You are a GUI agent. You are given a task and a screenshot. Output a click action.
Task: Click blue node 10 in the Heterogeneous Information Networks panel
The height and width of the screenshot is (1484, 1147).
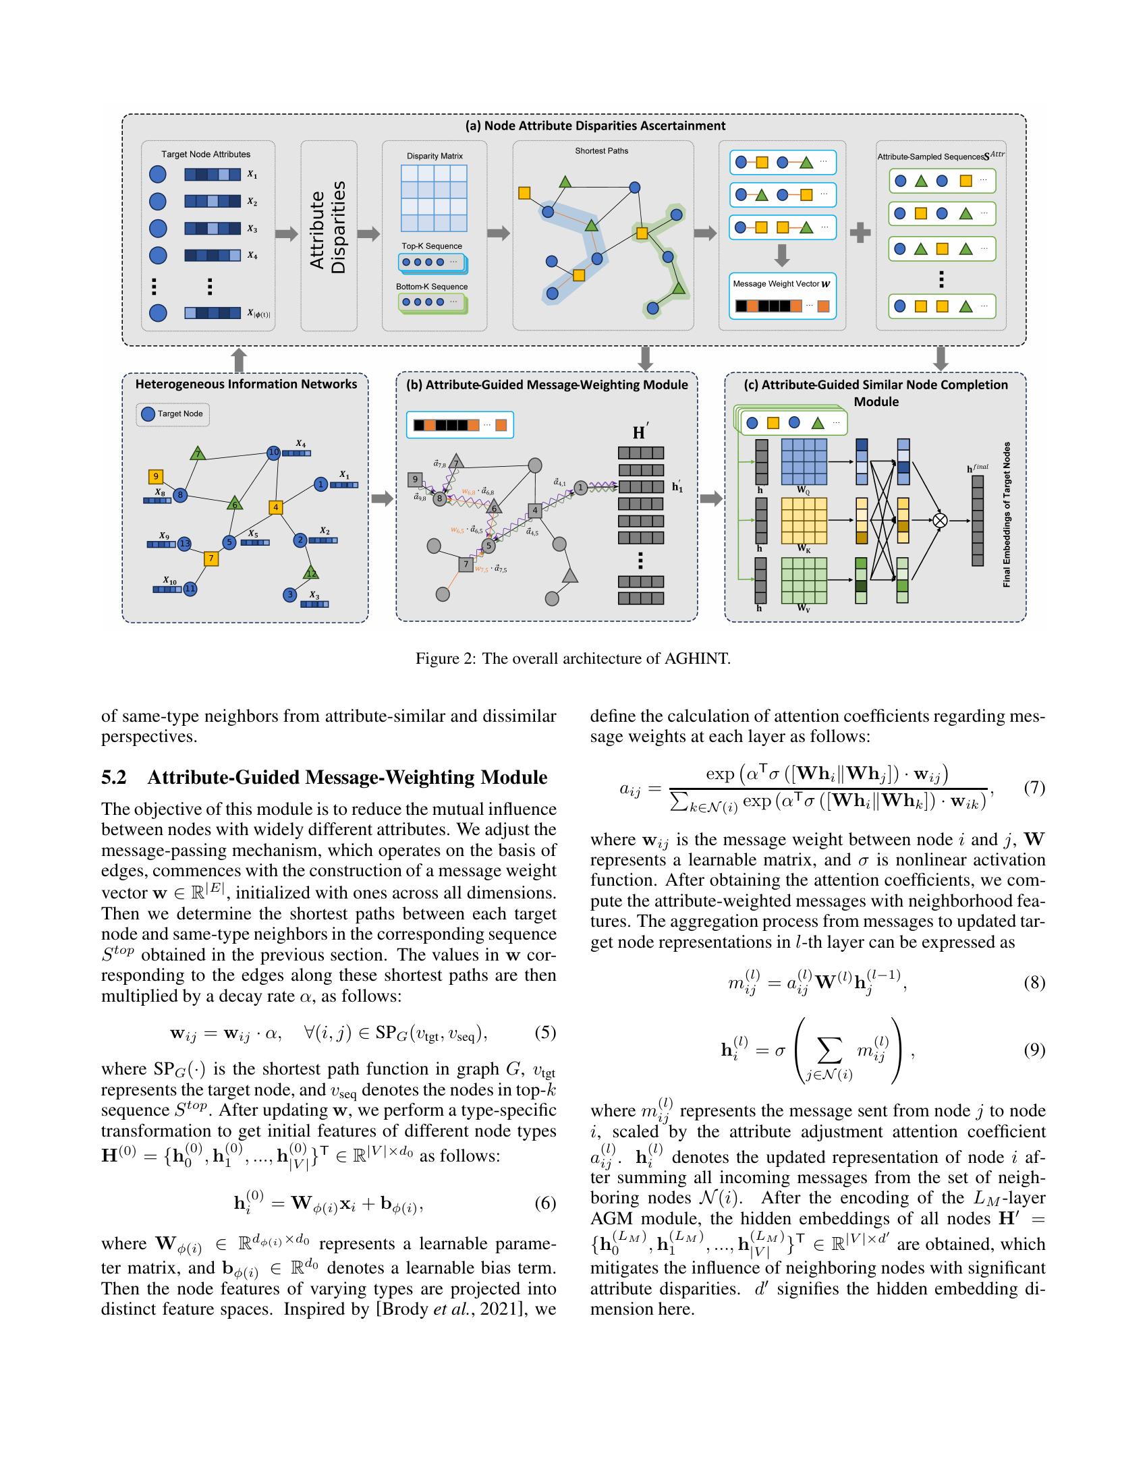273,452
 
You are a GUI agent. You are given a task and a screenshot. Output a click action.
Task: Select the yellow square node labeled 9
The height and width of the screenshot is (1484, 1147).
156,476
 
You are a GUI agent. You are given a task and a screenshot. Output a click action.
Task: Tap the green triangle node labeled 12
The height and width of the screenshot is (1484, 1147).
311,572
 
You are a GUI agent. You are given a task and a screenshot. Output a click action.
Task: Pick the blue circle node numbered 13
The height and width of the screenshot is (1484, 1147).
185,544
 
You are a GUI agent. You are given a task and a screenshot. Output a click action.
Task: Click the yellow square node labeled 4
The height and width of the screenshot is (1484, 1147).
275,507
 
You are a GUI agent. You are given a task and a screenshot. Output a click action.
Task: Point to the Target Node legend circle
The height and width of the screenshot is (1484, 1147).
148,413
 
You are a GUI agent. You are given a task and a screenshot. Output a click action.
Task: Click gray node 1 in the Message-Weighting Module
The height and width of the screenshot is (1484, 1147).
580,487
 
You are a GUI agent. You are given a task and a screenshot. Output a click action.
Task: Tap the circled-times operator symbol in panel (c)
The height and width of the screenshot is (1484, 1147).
940,521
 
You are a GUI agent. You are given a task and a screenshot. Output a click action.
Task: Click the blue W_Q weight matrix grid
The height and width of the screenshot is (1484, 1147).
804,461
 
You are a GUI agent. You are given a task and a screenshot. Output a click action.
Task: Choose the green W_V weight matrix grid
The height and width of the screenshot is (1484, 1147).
804,580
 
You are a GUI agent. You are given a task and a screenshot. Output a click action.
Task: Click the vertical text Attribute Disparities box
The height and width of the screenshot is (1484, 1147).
329,235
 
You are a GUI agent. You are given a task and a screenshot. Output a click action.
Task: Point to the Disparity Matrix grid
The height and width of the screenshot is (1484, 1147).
434,198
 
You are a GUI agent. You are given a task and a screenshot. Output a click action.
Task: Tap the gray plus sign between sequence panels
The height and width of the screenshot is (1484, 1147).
860,233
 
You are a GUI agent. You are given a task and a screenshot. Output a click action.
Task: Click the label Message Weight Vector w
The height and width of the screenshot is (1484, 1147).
781,283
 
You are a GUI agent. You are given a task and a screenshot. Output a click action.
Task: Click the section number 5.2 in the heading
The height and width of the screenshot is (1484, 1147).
114,777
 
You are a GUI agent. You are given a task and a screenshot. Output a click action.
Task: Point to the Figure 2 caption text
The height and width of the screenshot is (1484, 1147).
573,658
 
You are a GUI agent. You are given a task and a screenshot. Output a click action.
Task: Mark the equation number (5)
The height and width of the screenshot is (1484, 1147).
545,1033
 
